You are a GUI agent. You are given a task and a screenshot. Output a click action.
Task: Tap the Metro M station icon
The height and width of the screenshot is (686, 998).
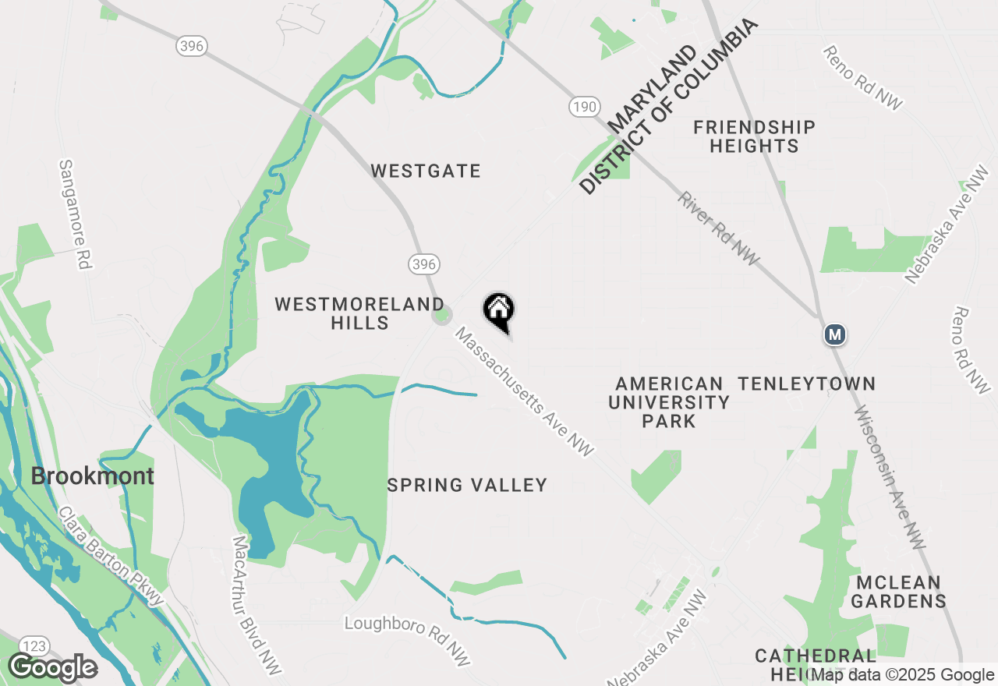[x=835, y=334]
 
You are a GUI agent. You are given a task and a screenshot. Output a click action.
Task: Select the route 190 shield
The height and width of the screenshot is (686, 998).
[x=584, y=107]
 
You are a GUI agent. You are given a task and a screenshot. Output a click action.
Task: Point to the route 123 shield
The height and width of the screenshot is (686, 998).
[x=34, y=646]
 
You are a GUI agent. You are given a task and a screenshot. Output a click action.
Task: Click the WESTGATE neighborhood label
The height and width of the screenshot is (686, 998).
[x=426, y=171]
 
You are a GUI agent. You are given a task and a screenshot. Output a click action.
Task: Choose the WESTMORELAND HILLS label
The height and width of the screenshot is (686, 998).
[x=359, y=313]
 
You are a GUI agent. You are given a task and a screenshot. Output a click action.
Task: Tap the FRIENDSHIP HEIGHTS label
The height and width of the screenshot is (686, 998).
[x=754, y=136]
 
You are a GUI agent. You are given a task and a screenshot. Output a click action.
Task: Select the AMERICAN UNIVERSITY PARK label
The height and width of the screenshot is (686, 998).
[x=669, y=402]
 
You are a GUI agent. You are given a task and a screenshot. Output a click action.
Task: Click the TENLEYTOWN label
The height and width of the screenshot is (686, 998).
[x=807, y=384]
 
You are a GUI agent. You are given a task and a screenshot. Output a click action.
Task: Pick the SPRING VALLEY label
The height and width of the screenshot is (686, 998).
[x=467, y=485]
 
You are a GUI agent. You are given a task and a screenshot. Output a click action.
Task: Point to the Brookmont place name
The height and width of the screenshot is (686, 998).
[x=92, y=476]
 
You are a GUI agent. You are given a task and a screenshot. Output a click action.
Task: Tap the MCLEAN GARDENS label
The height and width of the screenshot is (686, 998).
[x=898, y=592]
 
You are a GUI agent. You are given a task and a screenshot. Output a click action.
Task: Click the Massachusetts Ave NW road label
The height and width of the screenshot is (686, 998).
[x=525, y=392]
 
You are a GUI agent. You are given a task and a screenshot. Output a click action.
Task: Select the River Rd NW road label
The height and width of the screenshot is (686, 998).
[x=718, y=228]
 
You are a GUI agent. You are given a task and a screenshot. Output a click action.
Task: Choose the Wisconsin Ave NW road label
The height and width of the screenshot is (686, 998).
[x=890, y=477]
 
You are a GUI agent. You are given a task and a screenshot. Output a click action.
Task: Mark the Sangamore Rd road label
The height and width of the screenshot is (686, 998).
[x=75, y=215]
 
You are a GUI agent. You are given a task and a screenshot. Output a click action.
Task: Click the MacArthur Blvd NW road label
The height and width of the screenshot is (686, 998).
[x=257, y=605]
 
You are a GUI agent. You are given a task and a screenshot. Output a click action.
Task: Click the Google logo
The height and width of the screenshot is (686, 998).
[x=52, y=668]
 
